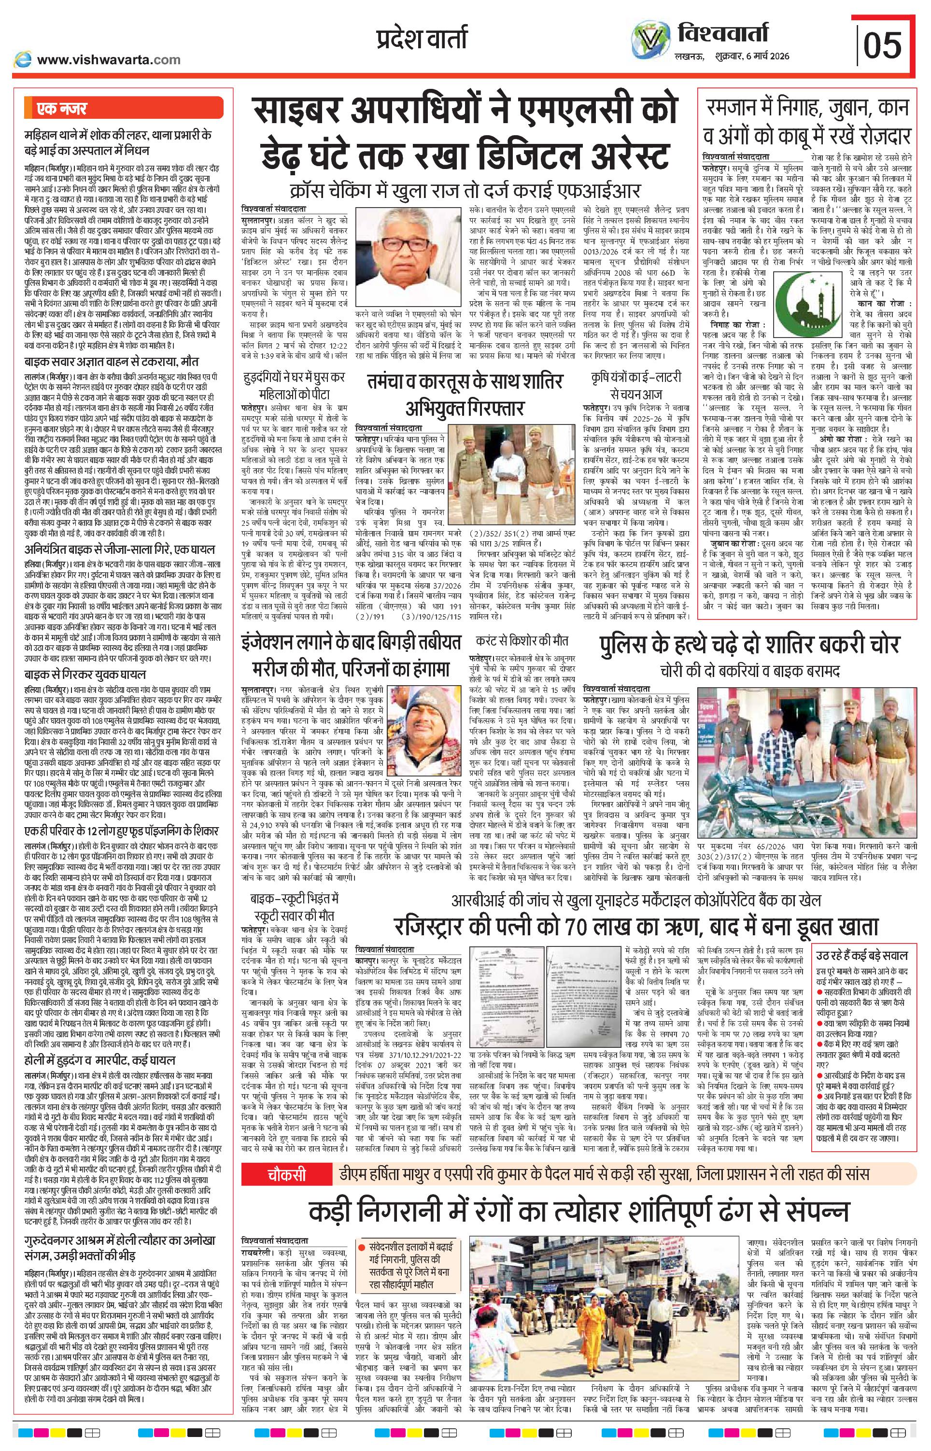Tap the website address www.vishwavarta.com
pos(108,59)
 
